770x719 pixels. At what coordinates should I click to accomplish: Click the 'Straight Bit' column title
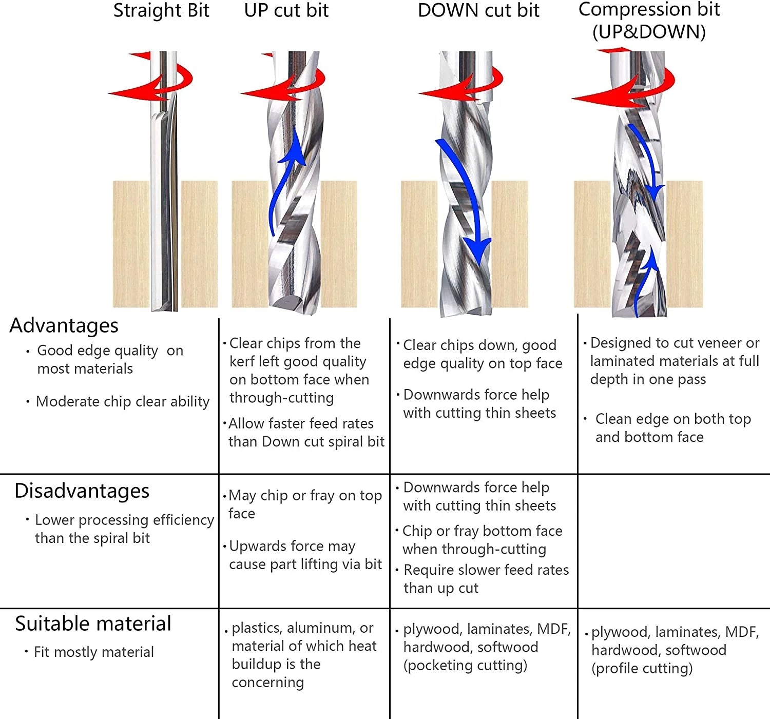161,11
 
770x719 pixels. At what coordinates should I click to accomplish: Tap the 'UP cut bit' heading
286,11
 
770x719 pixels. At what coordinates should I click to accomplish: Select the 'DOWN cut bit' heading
478,11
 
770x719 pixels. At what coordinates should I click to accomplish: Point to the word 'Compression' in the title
634,9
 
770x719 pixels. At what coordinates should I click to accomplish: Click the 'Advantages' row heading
64,325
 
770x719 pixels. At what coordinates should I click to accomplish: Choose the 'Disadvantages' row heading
82,491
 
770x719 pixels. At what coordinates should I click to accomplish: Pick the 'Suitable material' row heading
93,624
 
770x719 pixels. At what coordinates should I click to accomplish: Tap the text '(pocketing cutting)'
465,666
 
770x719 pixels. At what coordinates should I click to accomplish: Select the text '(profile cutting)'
642,669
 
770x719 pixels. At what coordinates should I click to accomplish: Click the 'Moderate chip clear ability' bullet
123,401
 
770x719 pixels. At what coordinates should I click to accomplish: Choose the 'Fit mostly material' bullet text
94,652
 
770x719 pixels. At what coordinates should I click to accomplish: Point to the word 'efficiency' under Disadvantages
183,520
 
